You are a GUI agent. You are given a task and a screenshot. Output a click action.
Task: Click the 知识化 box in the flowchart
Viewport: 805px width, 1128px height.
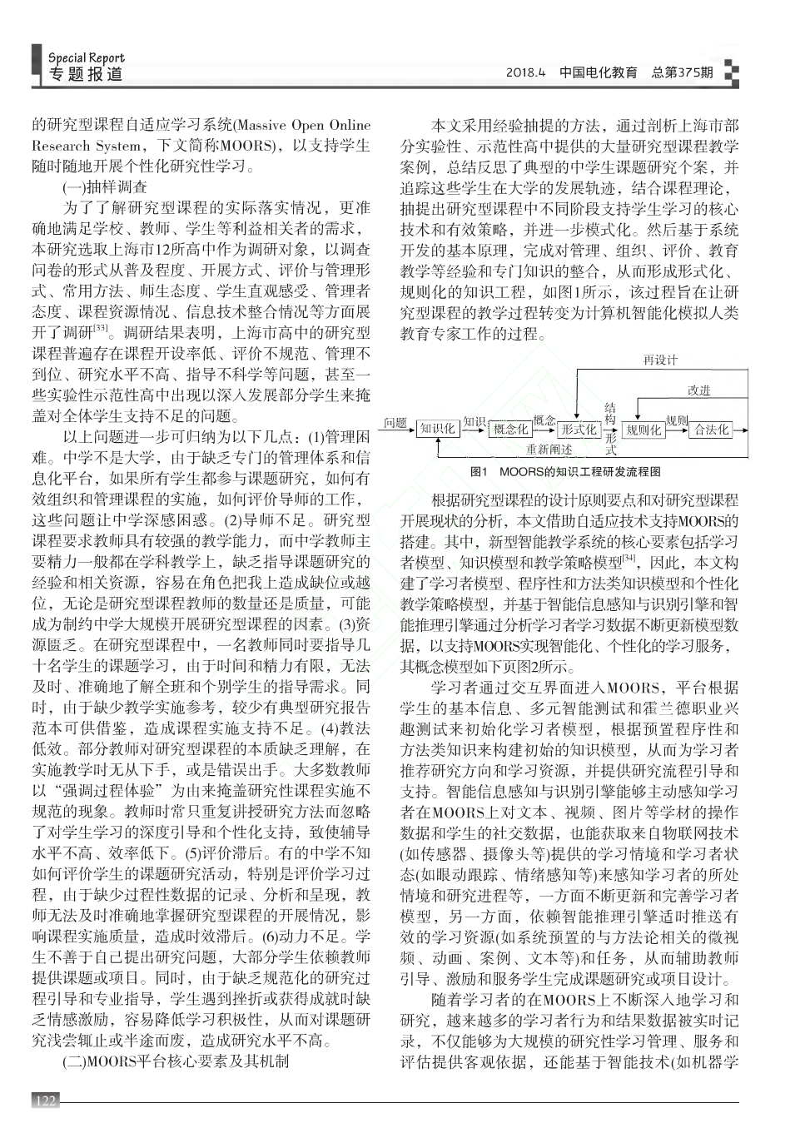pos(437,428)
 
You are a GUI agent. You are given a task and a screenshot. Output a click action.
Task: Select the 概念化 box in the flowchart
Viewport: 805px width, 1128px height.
pos(509,430)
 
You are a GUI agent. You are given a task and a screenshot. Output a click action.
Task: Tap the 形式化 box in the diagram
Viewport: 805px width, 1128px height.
pos(578,430)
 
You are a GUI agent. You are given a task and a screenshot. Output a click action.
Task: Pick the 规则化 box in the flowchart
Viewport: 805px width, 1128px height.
pos(644,430)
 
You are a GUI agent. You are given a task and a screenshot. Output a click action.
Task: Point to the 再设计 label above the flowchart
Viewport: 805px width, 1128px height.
pos(660,360)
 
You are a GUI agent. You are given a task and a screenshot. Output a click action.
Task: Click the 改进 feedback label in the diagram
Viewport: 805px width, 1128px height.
pos(699,390)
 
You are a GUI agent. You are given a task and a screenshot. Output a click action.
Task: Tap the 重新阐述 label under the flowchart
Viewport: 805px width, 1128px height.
pos(549,450)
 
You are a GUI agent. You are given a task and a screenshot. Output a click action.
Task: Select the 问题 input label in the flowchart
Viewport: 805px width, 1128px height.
pos(395,423)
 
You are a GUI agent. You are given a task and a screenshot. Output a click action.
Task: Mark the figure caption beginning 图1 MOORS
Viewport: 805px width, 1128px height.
pos(565,471)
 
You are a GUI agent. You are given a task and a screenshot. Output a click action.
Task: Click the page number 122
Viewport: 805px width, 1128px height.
pos(46,1101)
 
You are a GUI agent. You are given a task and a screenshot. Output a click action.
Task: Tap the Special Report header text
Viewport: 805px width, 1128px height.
pos(86,57)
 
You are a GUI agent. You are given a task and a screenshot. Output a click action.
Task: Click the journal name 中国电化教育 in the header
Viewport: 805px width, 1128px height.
pos(599,72)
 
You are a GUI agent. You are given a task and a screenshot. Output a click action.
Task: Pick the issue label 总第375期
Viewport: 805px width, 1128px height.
pos(682,72)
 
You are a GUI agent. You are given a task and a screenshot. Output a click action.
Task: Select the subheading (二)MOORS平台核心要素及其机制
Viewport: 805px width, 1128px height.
pos(176,1061)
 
